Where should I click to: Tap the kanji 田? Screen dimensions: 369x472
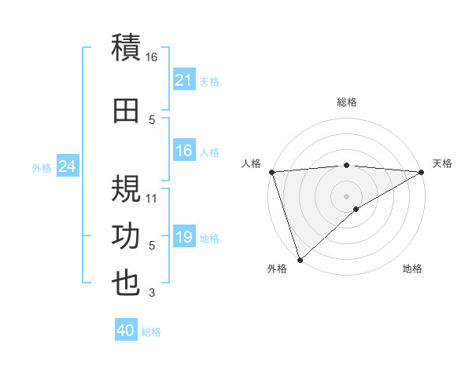click(126, 110)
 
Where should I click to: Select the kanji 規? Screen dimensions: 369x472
click(126, 188)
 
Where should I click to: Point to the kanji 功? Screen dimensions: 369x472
click(126, 236)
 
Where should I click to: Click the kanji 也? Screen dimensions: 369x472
click(126, 283)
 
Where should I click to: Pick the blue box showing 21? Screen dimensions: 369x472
click(183, 80)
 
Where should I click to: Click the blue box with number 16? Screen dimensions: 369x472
click(183, 152)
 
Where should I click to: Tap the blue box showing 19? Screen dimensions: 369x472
click(183, 238)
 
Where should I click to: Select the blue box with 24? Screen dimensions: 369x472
click(67, 166)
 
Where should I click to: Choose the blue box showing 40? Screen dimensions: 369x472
click(126, 331)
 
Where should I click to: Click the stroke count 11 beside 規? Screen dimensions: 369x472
click(152, 199)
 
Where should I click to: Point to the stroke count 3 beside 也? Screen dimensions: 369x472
click(152, 294)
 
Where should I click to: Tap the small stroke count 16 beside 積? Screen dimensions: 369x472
click(152, 57)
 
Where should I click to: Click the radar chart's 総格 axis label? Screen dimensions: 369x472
click(347, 102)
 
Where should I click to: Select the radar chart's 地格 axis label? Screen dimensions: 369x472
click(412, 269)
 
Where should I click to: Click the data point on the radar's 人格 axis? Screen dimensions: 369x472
click(271, 172)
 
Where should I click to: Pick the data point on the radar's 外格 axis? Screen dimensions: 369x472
click(300, 259)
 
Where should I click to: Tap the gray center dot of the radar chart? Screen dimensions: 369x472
click(347, 195)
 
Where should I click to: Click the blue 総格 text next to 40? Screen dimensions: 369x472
click(151, 332)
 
